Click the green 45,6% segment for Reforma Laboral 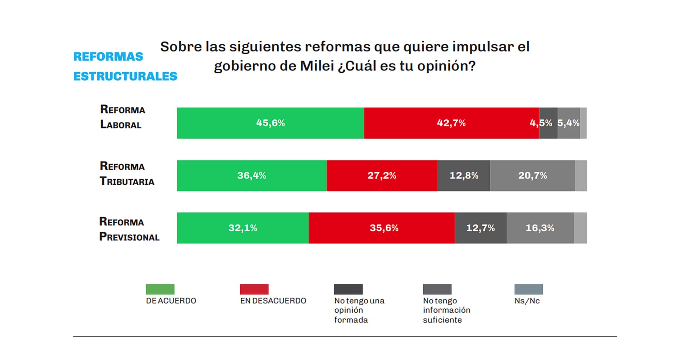271,123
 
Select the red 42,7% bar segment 451,123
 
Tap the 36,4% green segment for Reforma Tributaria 252,176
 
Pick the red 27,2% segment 382,176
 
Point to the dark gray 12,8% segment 464,176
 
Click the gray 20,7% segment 532,176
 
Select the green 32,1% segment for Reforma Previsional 243,228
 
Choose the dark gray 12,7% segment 481,228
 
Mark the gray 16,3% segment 540,228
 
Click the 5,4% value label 569,123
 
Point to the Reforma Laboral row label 122,117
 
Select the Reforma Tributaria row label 127,174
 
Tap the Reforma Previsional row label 129,229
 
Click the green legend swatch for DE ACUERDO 160,289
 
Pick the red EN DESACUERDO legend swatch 254,289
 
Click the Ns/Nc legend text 527,301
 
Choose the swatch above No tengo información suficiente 437,289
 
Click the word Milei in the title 316,66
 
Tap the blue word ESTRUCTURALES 125,76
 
